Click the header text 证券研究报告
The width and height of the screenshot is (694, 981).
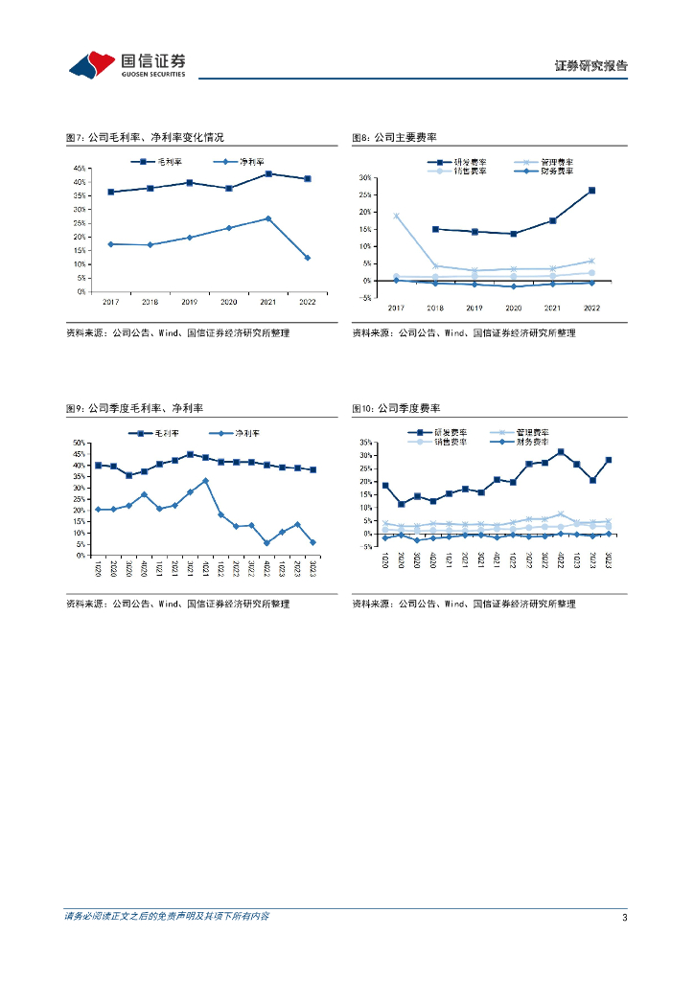point(591,66)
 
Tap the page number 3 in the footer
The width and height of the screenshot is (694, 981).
point(624,917)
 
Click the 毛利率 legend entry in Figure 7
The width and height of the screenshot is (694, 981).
point(165,161)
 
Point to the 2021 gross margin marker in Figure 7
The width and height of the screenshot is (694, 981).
point(268,173)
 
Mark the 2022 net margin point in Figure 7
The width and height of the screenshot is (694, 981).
point(308,258)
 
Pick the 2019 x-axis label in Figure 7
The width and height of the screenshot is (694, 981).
point(190,301)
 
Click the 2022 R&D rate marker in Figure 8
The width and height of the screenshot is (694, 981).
point(591,191)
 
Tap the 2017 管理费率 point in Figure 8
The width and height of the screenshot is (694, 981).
point(396,216)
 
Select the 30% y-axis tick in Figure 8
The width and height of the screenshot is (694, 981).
point(364,178)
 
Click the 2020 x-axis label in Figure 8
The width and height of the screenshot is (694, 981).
point(513,308)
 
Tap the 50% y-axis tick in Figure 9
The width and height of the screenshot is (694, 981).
point(81,443)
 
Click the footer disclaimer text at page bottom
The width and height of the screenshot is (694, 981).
point(167,917)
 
